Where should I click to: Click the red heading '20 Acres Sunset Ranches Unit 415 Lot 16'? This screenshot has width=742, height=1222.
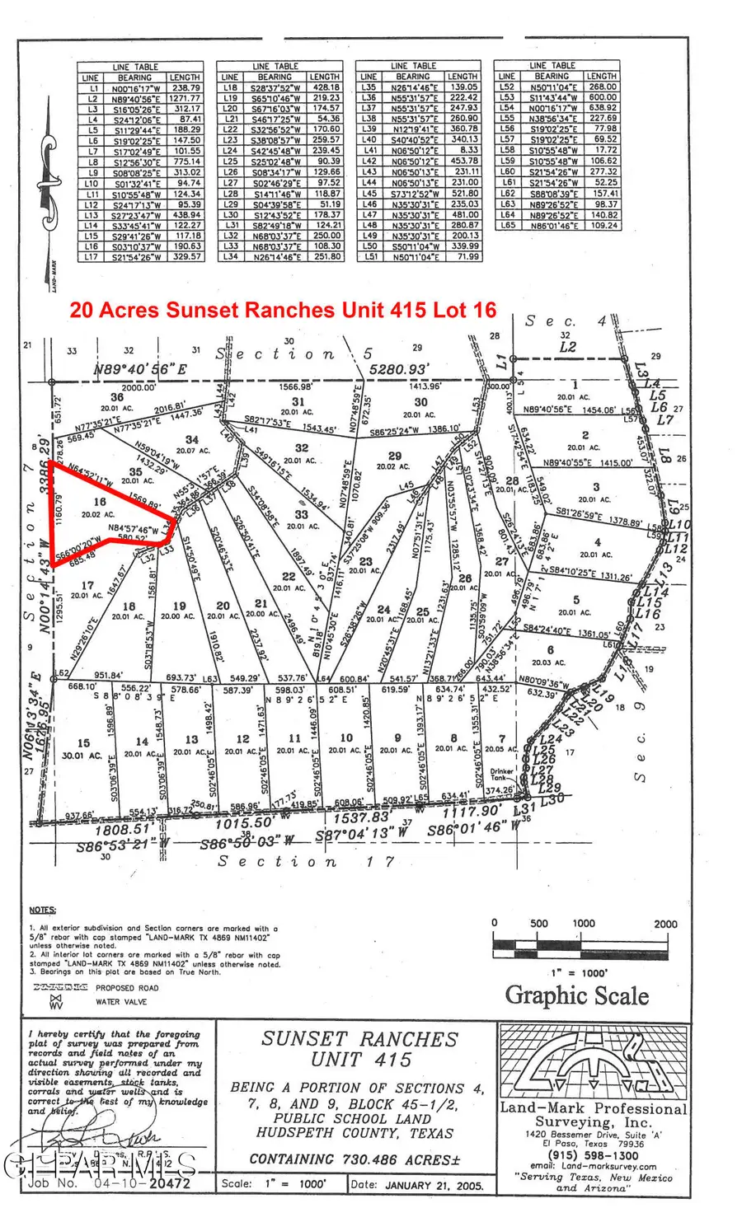pyautogui.click(x=283, y=310)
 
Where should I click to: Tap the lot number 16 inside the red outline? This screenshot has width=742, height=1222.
pyautogui.click(x=100, y=501)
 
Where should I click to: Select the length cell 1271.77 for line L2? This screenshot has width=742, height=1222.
pyautogui.click(x=184, y=98)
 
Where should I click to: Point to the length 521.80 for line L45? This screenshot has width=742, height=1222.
pyautogui.click(x=463, y=194)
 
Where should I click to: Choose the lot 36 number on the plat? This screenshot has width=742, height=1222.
pyautogui.click(x=117, y=397)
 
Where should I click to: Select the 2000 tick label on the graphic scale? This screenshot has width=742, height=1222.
pyautogui.click(x=665, y=924)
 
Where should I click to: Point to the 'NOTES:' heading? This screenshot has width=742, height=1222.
pyautogui.click(x=42, y=910)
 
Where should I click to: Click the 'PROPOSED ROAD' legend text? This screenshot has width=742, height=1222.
pyautogui.click(x=126, y=987)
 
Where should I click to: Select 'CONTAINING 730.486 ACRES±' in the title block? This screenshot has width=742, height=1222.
pyautogui.click(x=355, y=1159)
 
